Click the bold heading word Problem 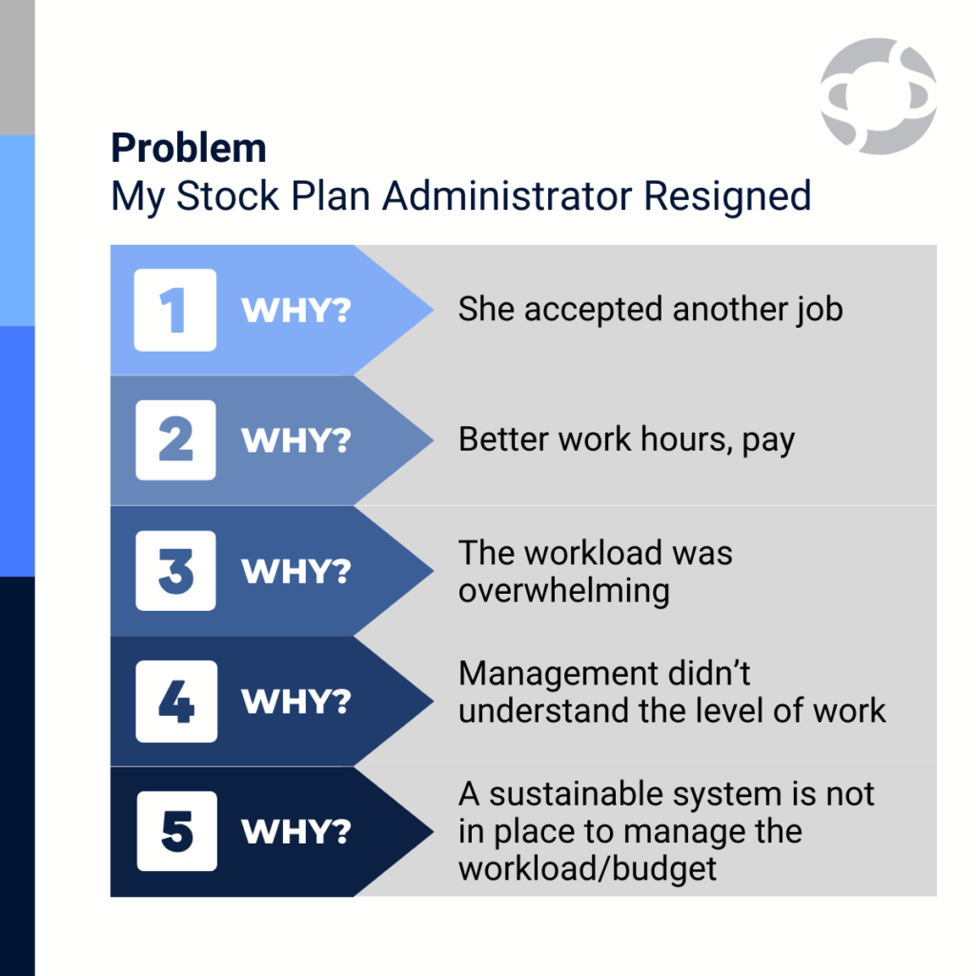(189, 148)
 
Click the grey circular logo (878, 96)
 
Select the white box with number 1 (175, 310)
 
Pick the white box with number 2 (175, 440)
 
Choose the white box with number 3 (175, 571)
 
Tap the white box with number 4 (176, 701)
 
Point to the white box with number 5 (176, 831)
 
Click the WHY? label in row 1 (296, 310)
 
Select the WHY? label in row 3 (296, 572)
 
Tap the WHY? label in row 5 (296, 831)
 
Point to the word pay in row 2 (768, 442)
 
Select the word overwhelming (564, 591)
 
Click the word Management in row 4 (559, 674)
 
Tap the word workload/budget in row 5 (587, 869)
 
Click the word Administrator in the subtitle (506, 196)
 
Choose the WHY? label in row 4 (296, 701)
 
